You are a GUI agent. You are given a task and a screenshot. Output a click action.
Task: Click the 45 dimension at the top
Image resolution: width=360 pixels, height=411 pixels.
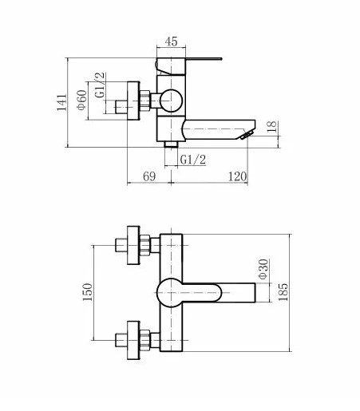click(x=171, y=41)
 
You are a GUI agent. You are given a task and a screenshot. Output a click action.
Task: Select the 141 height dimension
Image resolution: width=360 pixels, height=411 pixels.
click(x=61, y=102)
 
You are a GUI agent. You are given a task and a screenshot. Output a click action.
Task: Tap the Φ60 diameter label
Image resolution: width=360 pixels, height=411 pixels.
click(x=82, y=100)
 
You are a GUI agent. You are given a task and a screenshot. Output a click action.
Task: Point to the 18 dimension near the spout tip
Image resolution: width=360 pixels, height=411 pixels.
click(x=272, y=127)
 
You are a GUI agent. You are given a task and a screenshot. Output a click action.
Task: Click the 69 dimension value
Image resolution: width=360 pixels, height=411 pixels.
click(x=149, y=176)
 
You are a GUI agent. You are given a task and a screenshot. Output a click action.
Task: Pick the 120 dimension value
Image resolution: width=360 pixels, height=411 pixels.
click(x=238, y=176)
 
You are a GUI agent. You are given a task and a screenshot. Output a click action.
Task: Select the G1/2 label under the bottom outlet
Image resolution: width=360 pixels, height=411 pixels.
click(x=193, y=160)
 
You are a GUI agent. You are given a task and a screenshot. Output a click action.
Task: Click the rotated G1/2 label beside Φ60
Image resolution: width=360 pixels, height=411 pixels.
click(x=101, y=85)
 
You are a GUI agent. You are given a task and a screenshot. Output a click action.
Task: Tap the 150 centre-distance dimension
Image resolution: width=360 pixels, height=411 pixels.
click(x=88, y=292)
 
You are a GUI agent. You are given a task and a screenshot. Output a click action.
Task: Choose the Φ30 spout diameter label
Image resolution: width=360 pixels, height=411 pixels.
click(x=263, y=269)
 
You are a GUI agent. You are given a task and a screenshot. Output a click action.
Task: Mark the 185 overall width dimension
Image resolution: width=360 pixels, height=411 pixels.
click(x=283, y=292)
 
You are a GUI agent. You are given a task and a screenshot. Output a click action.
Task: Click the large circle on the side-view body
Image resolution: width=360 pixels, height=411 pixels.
click(x=172, y=101)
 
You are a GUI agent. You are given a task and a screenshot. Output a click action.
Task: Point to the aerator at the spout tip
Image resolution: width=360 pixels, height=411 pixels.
click(x=247, y=135)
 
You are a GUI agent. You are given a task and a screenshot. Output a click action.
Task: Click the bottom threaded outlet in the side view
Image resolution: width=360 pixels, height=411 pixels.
click(x=171, y=144)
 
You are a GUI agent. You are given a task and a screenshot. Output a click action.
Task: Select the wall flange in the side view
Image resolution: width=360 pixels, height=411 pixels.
click(x=133, y=101)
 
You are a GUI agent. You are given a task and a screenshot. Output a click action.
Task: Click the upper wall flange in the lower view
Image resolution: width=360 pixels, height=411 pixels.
click(x=133, y=245)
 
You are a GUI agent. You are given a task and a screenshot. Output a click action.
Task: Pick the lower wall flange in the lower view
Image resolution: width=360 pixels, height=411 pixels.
click(x=133, y=340)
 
